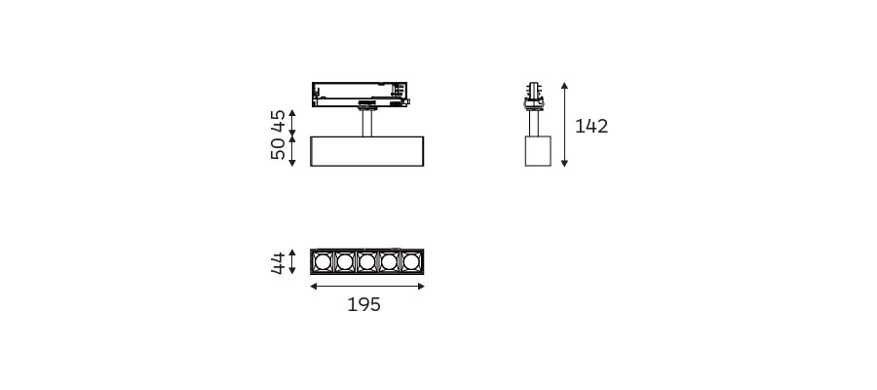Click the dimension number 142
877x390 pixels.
point(591,127)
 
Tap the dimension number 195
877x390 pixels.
point(363,305)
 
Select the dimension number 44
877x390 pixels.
point(278,262)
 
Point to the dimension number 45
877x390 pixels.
point(278,121)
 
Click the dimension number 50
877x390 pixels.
point(278,149)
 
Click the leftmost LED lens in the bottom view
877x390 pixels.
point(323,262)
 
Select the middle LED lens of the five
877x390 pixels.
point(367,262)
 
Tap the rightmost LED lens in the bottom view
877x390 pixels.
point(411,262)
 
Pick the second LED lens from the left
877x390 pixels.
point(345,262)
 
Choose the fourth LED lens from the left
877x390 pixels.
point(389,262)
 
